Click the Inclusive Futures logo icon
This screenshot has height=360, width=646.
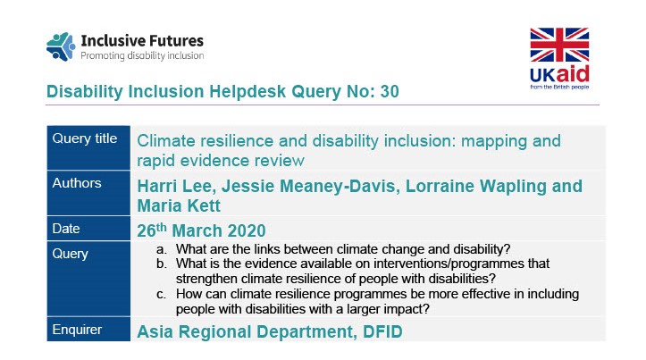click(x=61, y=46)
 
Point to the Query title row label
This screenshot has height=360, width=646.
click(x=85, y=138)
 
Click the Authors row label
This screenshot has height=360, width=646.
click(x=78, y=183)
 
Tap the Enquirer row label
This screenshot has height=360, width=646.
click(x=78, y=330)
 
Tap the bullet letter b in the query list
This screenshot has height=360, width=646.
click(x=161, y=264)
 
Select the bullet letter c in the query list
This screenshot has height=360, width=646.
click(x=161, y=293)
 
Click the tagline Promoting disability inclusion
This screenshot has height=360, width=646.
click(x=142, y=55)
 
